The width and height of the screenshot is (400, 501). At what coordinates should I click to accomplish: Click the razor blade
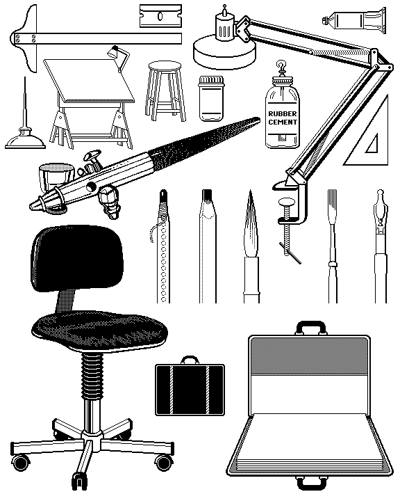(161, 15)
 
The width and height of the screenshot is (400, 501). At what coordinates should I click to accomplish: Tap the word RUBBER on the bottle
(283, 113)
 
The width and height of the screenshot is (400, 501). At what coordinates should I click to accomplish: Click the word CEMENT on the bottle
(283, 122)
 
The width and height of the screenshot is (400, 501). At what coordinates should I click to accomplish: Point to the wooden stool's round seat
(165, 67)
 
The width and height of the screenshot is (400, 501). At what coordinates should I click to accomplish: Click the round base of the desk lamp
(224, 51)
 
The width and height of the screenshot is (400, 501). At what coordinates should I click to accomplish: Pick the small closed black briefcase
(190, 385)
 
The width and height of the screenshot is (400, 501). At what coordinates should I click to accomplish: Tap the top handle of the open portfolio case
(311, 328)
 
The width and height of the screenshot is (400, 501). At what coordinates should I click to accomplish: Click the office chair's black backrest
(77, 258)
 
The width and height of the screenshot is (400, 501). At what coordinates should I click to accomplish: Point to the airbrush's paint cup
(56, 177)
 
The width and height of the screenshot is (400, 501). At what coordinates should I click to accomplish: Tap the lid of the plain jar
(211, 79)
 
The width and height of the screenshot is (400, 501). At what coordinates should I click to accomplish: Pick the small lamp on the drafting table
(118, 58)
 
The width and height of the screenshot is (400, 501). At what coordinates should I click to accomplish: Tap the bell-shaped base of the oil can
(25, 141)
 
